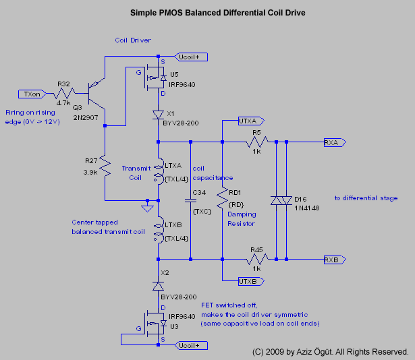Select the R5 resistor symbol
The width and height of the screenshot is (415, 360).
pyautogui.click(x=257, y=142)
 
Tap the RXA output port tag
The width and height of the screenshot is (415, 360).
pyautogui.click(x=333, y=142)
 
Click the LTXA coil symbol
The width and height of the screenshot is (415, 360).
pyautogui.click(x=159, y=173)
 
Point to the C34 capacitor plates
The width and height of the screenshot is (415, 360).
pyautogui.click(x=191, y=200)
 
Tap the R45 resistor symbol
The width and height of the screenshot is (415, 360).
pyautogui.click(x=257, y=258)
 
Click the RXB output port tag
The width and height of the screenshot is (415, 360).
pyautogui.click(x=333, y=259)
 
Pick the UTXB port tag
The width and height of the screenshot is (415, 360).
pyautogui.click(x=250, y=280)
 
